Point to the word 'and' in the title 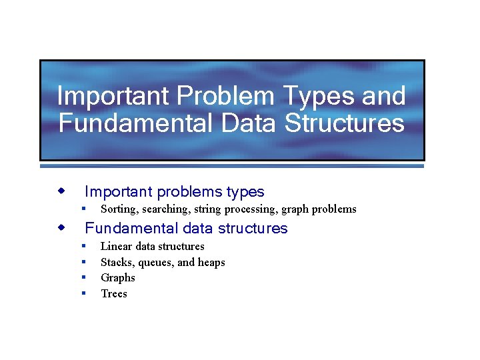[x=383, y=97]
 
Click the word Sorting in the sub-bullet [x=119, y=209]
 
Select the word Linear [x=117, y=247]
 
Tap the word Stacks [x=116, y=263]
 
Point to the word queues [x=155, y=263]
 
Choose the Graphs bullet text [x=118, y=278]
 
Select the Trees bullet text [x=114, y=294]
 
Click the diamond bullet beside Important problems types [x=61, y=191]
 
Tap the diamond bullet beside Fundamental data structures [x=61, y=228]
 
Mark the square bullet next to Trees [x=84, y=293]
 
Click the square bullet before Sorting [x=84, y=209]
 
